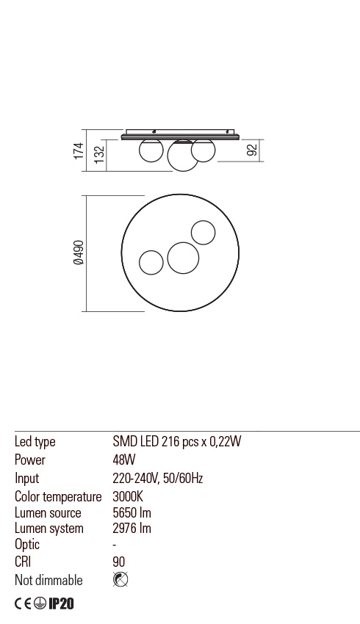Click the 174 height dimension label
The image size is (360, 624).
pyautogui.click(x=79, y=151)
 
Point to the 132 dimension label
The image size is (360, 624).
pyautogui.click(x=99, y=156)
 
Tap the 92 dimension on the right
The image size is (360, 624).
pyautogui.click(x=252, y=150)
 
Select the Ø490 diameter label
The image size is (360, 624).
pyautogui.click(x=79, y=253)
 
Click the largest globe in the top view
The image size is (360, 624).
pyautogui.click(x=183, y=257)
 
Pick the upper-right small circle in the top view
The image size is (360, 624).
pyautogui.click(x=203, y=233)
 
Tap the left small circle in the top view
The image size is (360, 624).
pyautogui.click(x=151, y=262)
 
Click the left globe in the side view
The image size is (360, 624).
pyautogui.click(x=151, y=150)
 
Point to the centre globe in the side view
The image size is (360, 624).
pyautogui.click(x=183, y=156)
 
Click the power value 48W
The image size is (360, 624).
pyautogui.click(x=124, y=460)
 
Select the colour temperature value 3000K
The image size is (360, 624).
pyautogui.click(x=128, y=497)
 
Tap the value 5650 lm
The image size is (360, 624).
pyautogui.click(x=132, y=513)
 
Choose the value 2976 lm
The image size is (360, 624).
pyautogui.click(x=132, y=529)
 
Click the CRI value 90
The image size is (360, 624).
pyautogui.click(x=119, y=562)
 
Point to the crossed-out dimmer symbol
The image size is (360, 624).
pyautogui.click(x=120, y=580)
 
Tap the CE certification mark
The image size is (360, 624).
pyautogui.click(x=24, y=604)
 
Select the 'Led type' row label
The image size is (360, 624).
pyautogui.click(x=35, y=442)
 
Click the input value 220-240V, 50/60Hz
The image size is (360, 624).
pyautogui.click(x=157, y=479)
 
